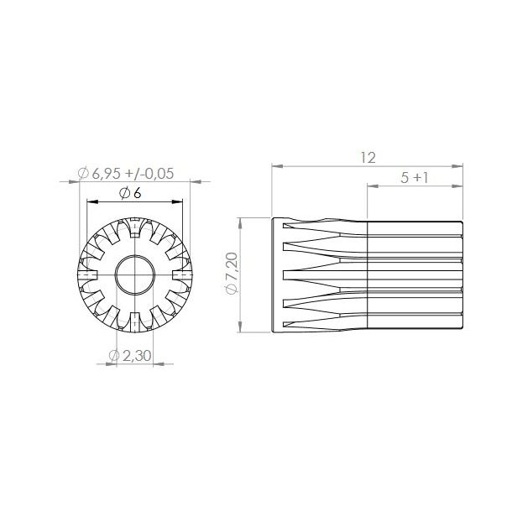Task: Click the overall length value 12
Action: (367, 157)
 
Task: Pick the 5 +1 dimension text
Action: (415, 178)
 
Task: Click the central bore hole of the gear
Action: (134, 274)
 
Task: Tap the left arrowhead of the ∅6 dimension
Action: (90, 201)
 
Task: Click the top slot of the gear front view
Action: (134, 227)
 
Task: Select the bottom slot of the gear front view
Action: (134, 321)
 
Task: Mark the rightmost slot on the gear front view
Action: (182, 274)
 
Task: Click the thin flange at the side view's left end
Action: (277, 274)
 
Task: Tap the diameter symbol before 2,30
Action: (113, 356)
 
